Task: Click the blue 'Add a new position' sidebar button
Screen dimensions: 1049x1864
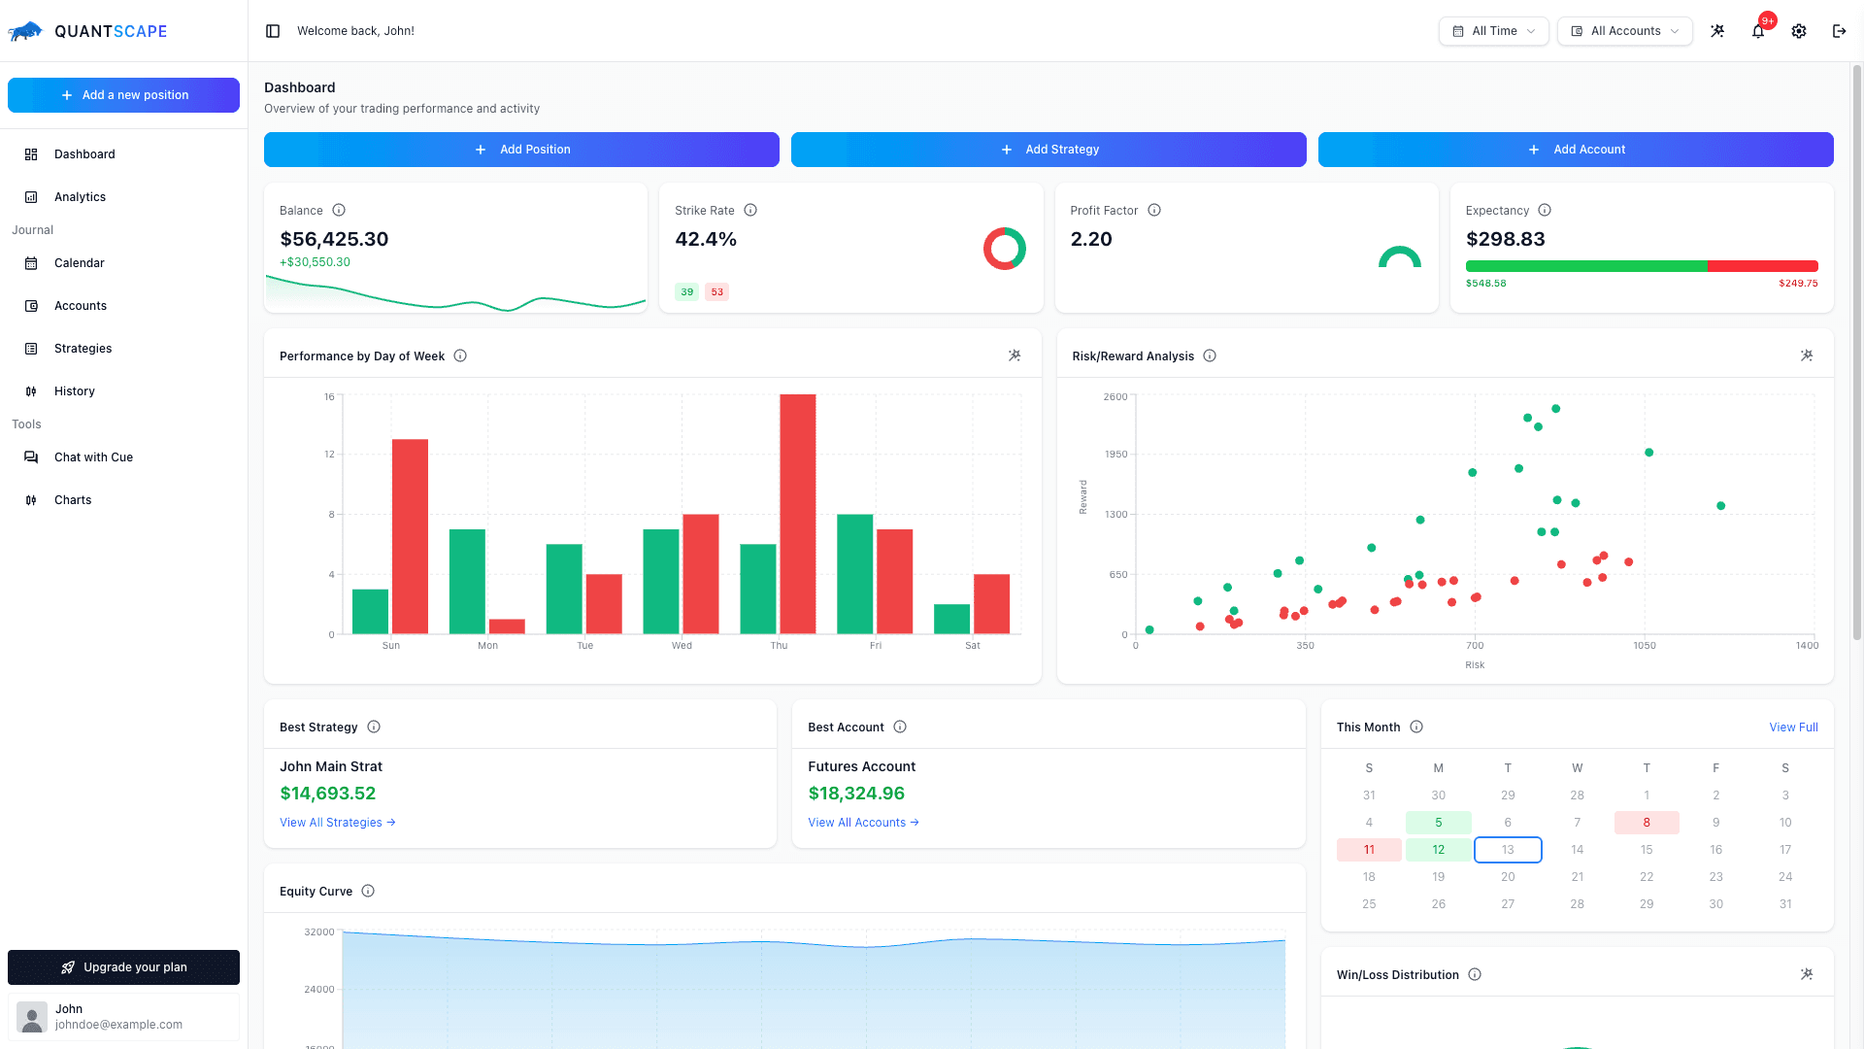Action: point(123,95)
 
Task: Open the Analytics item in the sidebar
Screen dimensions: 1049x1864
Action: point(80,197)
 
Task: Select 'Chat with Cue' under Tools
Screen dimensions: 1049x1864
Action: point(93,457)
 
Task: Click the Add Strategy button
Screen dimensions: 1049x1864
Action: point(1048,150)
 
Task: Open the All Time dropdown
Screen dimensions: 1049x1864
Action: point(1493,31)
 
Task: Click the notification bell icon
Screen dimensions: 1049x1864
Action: point(1758,31)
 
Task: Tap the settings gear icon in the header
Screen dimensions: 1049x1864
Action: point(1799,31)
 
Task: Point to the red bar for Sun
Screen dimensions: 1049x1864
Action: point(410,536)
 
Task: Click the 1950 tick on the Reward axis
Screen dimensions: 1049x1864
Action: point(1115,455)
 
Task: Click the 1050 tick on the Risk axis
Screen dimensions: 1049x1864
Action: point(1644,646)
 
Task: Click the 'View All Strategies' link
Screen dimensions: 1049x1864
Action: point(337,823)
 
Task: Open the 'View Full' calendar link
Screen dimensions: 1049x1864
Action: point(1793,728)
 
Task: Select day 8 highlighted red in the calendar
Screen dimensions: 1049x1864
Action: point(1647,823)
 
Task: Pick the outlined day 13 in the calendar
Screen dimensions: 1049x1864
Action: point(1508,850)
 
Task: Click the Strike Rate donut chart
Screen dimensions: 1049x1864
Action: point(1004,249)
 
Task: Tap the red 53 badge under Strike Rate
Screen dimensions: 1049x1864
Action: point(716,292)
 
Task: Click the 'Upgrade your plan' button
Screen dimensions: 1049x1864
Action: point(123,967)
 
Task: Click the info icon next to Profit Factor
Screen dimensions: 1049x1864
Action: point(1154,211)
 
